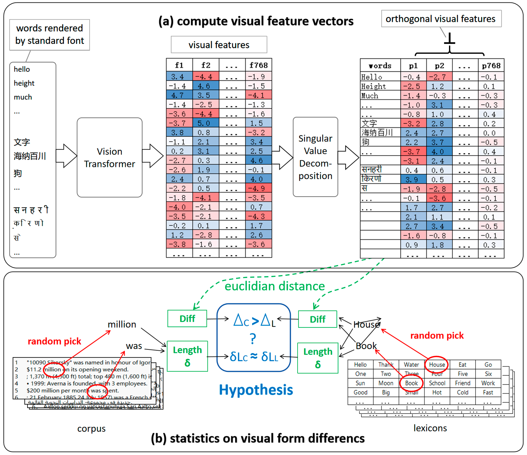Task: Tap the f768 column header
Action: point(258,65)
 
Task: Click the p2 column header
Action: point(439,66)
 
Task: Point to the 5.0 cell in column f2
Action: point(205,123)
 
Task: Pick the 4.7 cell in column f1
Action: point(179,95)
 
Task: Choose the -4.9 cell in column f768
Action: point(258,188)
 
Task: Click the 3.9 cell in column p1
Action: point(413,179)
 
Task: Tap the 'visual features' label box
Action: point(219,45)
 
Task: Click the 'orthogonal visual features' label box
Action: point(441,19)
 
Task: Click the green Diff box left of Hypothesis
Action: point(187,319)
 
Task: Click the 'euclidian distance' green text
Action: point(275,286)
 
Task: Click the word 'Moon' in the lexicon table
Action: point(386,383)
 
